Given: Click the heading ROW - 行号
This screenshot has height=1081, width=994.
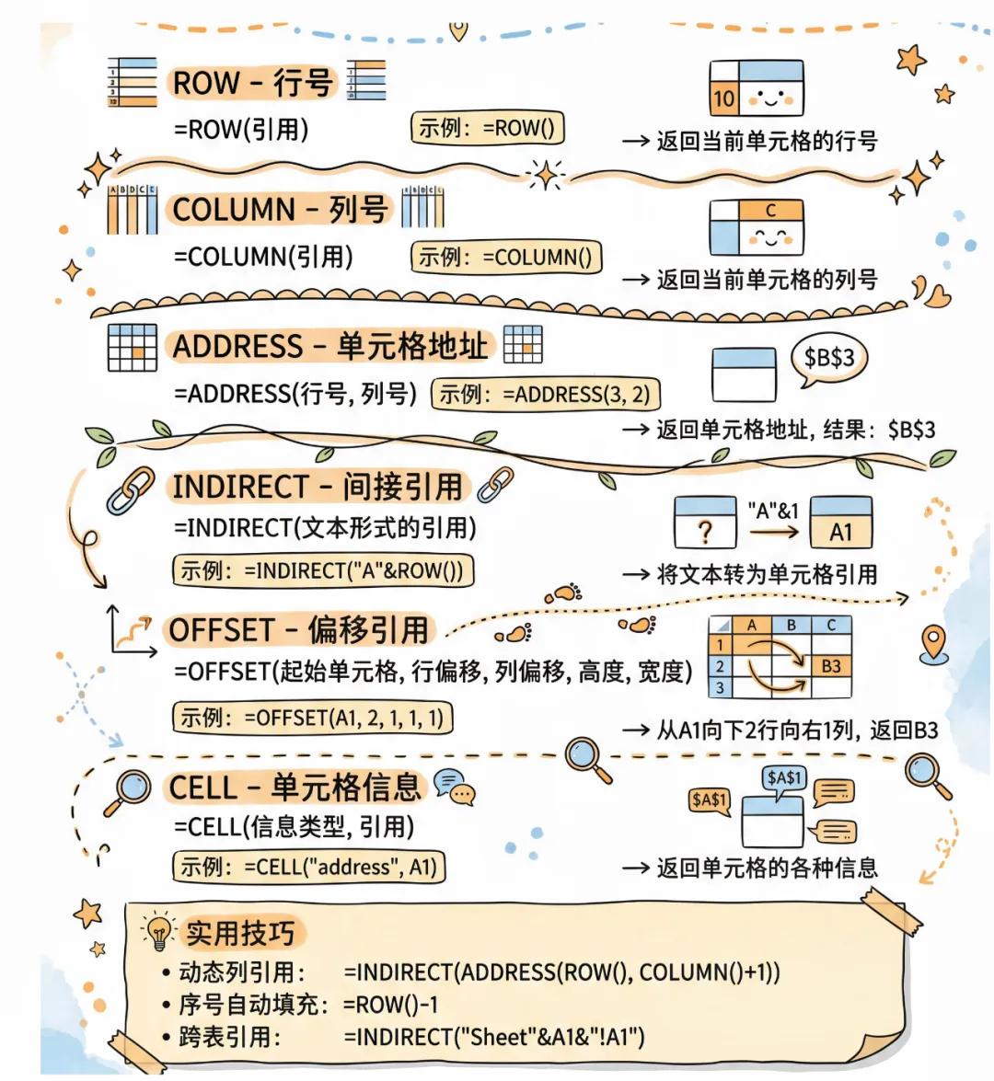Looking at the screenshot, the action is [x=252, y=83].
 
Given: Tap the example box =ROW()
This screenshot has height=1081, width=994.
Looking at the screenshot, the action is [x=487, y=129].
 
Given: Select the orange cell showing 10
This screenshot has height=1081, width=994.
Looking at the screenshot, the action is [x=723, y=98].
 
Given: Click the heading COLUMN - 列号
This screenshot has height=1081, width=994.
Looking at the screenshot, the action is [x=279, y=210].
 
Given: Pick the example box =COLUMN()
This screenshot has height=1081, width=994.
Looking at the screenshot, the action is [x=505, y=258].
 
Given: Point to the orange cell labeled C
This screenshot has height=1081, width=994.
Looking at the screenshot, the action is [x=770, y=211].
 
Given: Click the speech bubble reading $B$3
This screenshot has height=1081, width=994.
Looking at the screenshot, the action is [x=828, y=358].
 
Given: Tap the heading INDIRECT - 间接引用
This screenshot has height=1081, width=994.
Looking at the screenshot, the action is [x=318, y=486].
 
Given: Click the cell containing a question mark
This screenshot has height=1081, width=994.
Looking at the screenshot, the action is [x=705, y=532].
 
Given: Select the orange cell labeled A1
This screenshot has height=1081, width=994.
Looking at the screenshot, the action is [x=840, y=532].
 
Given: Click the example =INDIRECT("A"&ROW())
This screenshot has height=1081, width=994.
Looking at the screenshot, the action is [x=322, y=571].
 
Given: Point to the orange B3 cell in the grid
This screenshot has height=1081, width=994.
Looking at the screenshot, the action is [x=831, y=665].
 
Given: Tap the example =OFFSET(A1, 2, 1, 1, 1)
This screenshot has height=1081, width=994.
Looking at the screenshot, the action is [x=313, y=718].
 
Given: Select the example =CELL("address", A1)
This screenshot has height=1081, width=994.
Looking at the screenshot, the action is [x=309, y=867].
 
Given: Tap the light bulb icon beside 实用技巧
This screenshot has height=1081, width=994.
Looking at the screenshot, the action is [x=159, y=932].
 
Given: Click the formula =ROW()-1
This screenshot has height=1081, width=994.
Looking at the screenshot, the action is [x=391, y=1005].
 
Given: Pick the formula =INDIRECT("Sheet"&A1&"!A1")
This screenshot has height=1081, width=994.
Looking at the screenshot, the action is [x=494, y=1037].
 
